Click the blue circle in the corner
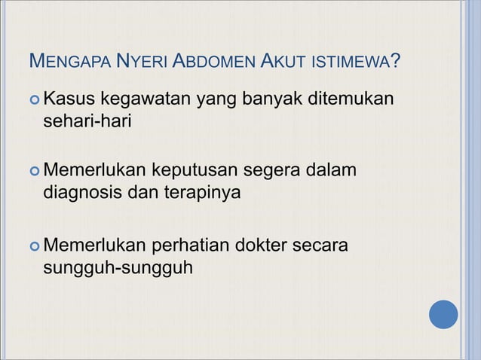pos(443,315)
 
